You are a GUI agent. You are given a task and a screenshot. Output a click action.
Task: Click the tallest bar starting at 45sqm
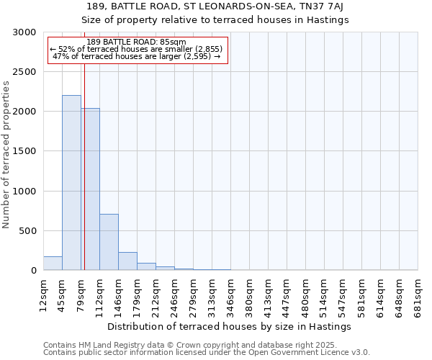71,183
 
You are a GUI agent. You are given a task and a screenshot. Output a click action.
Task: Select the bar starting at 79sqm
91,189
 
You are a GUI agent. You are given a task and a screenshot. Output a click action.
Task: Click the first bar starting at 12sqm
53,264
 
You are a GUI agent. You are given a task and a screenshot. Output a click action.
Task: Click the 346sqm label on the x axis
230,294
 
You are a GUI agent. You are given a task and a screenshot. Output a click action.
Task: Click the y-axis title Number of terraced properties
6,155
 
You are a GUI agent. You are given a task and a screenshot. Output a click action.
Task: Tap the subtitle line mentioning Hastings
215,20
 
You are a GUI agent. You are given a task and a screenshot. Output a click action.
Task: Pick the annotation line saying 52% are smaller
136,49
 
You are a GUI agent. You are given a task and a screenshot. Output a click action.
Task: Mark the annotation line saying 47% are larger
136,56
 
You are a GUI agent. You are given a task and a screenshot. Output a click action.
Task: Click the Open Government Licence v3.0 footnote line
206,352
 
